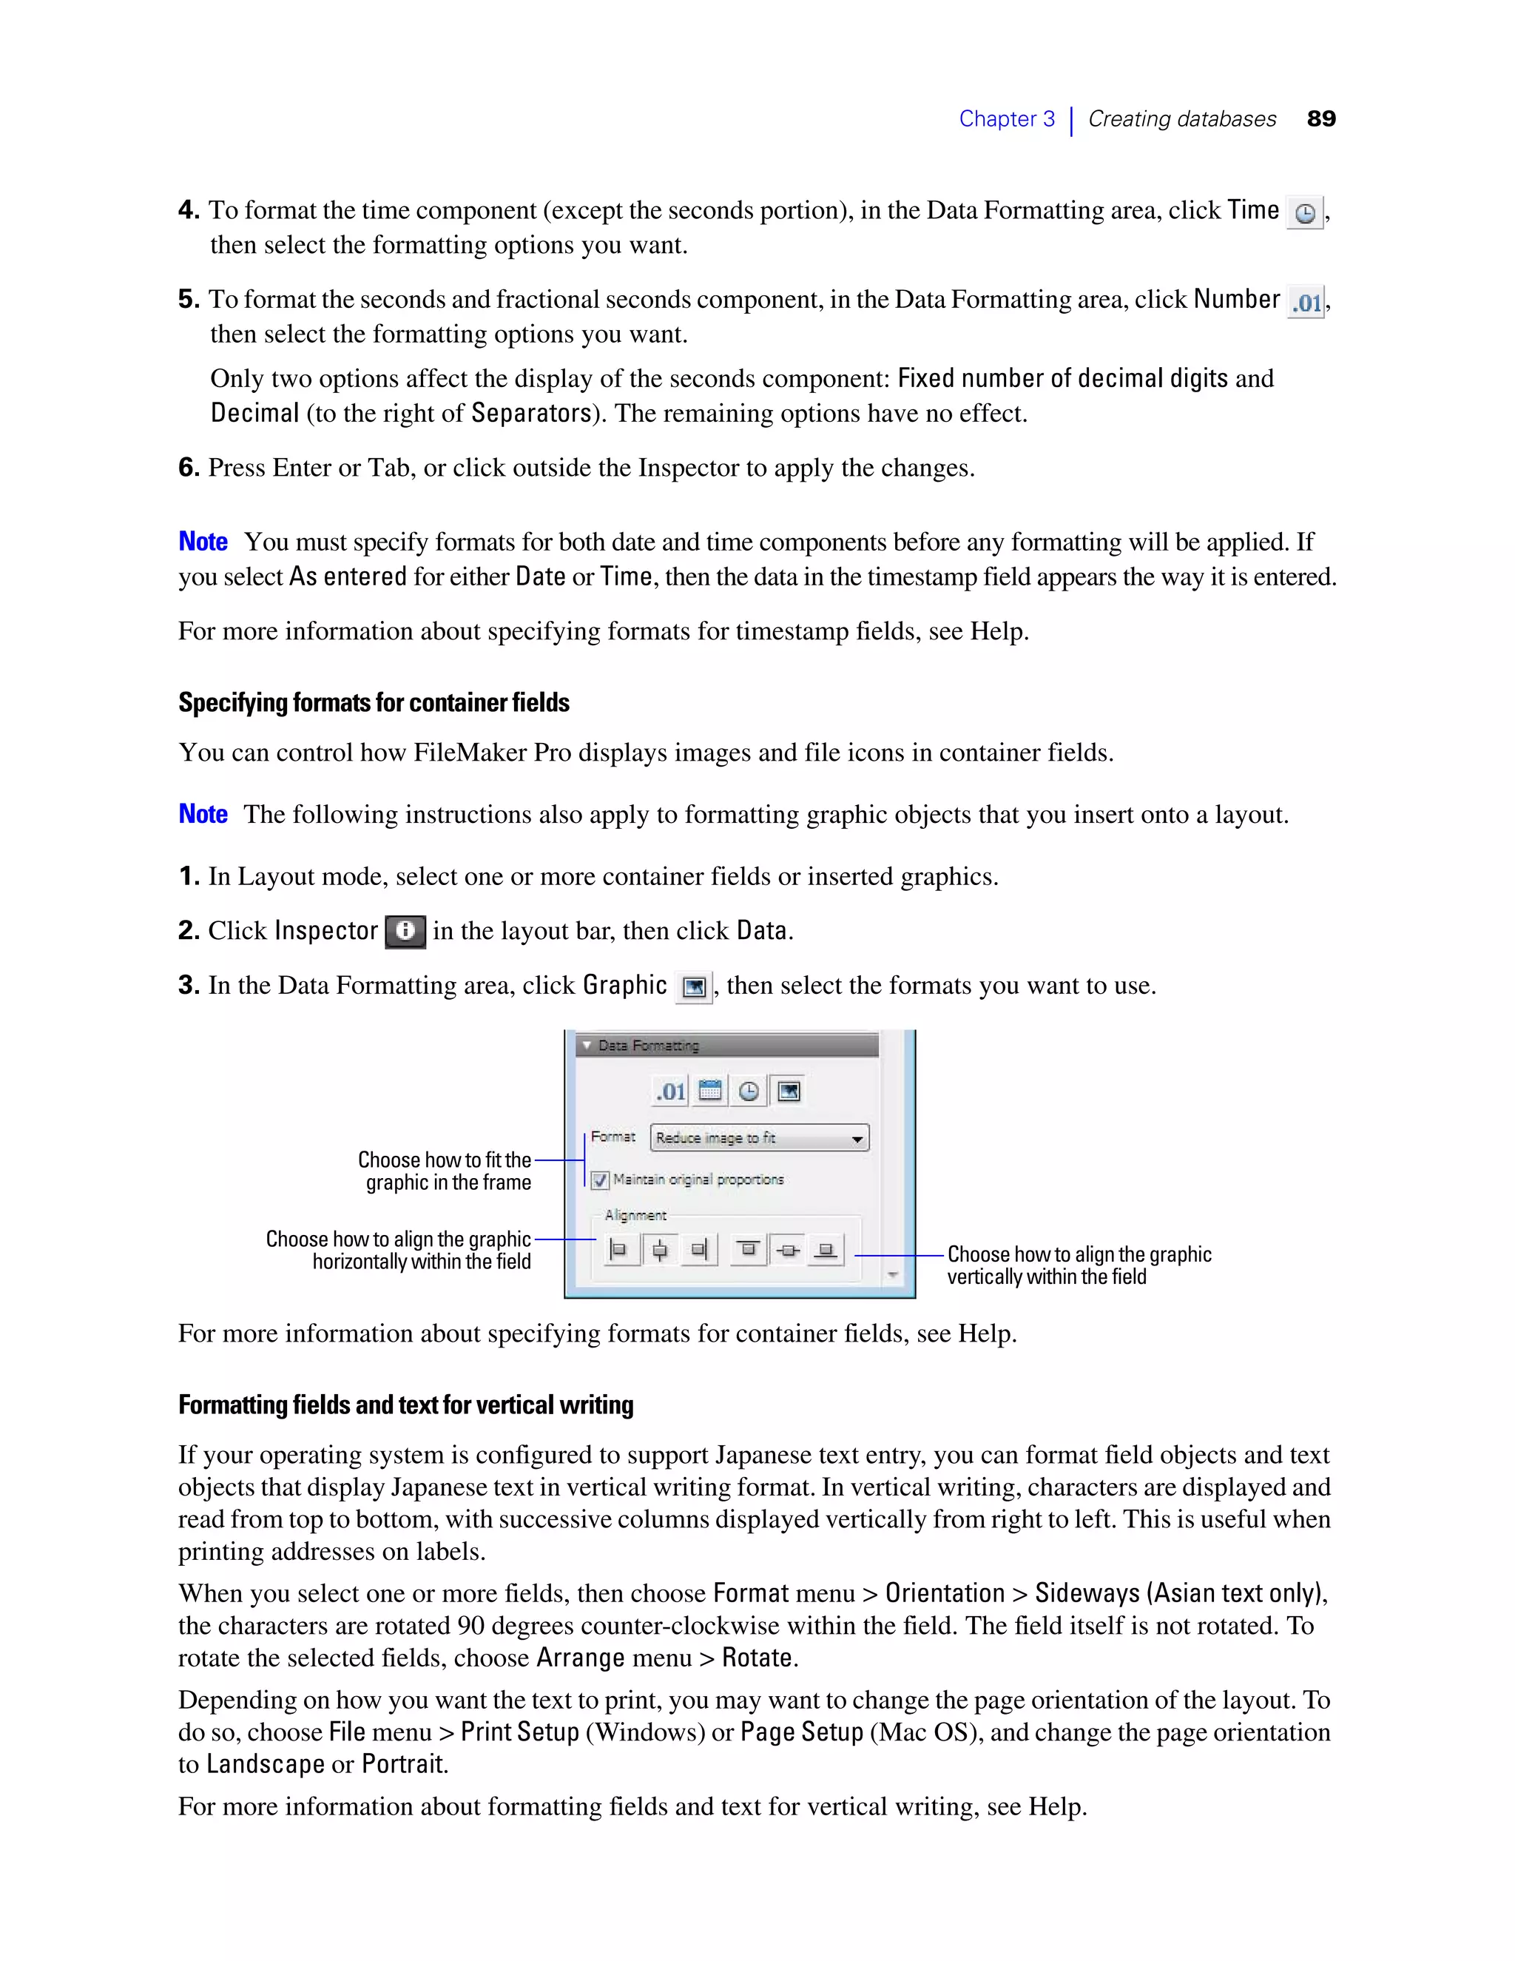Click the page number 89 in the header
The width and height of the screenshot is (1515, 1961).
coord(1320,118)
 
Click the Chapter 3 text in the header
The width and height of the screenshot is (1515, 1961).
coord(1006,118)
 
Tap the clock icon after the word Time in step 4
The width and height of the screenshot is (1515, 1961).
coord(1304,213)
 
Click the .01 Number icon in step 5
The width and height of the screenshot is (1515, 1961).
coord(1306,303)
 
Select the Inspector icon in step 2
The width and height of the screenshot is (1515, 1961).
coord(405,931)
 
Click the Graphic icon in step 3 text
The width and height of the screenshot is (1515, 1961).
coord(693,986)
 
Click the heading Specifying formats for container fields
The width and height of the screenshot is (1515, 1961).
coord(374,702)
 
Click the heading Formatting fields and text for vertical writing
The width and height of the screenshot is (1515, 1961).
coord(405,1405)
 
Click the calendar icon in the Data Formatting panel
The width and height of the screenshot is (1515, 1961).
coord(710,1091)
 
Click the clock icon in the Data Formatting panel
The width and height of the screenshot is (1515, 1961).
coord(749,1091)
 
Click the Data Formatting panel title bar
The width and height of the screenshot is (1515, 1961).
coord(727,1045)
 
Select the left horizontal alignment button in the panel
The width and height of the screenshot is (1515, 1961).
coord(618,1249)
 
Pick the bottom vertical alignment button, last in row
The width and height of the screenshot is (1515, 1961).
coord(826,1249)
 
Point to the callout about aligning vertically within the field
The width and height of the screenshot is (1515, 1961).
coord(1078,1265)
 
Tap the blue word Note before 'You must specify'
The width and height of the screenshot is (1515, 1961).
coord(203,542)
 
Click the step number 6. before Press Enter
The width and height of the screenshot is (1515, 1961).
coord(189,468)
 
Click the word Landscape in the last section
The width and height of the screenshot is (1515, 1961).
coord(265,1764)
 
